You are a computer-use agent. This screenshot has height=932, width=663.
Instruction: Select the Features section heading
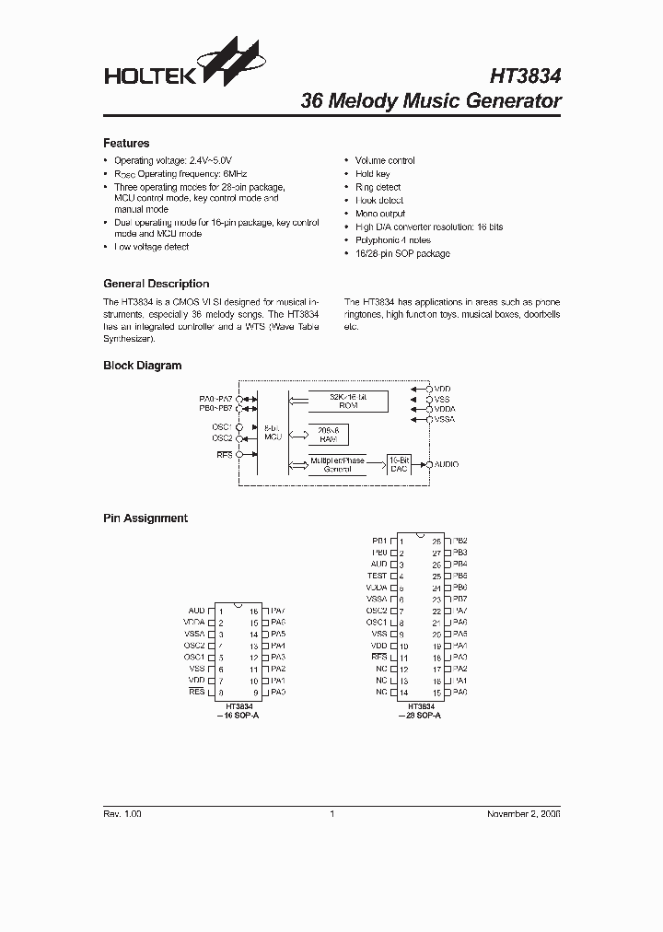(126, 143)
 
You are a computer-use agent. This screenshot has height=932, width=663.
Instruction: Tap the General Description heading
(156, 284)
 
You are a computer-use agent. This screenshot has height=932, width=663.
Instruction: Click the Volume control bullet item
(385, 160)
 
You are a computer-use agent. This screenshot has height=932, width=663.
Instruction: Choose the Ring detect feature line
(378, 187)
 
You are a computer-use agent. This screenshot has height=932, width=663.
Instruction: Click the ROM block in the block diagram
(346, 401)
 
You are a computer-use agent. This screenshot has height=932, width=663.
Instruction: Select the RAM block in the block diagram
(328, 435)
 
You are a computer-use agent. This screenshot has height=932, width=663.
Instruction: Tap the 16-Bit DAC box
(399, 463)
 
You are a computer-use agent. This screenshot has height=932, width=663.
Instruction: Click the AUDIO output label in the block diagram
(446, 464)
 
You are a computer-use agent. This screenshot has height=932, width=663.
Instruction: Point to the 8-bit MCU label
(272, 433)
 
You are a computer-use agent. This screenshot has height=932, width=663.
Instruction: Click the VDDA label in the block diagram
(445, 409)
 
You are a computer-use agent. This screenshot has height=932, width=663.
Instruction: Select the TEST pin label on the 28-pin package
(377, 576)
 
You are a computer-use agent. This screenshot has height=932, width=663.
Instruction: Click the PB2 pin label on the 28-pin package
(460, 541)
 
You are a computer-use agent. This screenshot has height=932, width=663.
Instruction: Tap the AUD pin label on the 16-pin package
(196, 611)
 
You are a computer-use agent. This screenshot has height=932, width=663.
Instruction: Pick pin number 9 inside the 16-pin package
(253, 692)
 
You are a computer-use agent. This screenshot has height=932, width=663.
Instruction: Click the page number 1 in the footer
(331, 814)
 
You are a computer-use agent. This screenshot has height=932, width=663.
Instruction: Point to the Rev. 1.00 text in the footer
(122, 814)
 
